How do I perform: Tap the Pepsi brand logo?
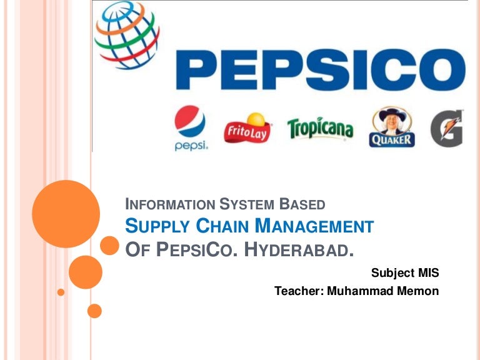191,128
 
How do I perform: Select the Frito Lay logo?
247,128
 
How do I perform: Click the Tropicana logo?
320,128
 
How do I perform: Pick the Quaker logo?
392,127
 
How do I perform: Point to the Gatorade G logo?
446,128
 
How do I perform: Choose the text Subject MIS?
405,272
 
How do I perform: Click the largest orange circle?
66,214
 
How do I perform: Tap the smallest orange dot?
61,292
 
